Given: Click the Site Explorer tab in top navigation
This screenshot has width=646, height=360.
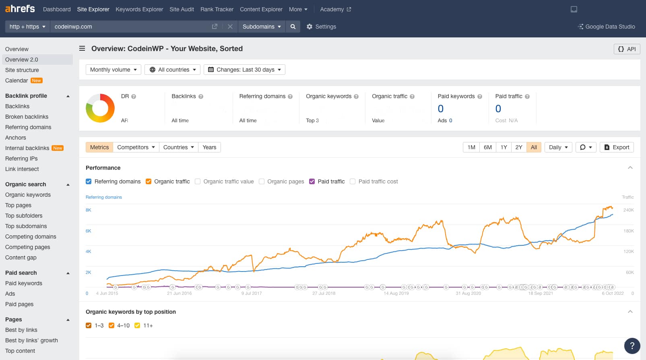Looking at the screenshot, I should click(x=93, y=9).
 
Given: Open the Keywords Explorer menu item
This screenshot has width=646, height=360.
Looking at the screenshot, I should click(x=139, y=9).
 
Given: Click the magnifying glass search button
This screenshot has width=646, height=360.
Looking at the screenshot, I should click(x=293, y=27).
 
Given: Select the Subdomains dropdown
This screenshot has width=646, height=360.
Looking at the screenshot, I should click(x=262, y=27).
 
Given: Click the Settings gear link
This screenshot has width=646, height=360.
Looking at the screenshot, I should click(x=321, y=27).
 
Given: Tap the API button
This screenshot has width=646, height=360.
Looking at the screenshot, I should click(x=627, y=49).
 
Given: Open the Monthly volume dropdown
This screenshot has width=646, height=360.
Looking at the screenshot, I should click(x=113, y=70).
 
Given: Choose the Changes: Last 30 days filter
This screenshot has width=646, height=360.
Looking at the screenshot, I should click(x=244, y=70).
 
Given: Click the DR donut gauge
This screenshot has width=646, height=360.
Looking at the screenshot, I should click(x=100, y=108).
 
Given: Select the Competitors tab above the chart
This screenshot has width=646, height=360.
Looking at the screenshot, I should click(x=136, y=147).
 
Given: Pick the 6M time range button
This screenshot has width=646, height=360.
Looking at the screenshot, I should click(x=487, y=147).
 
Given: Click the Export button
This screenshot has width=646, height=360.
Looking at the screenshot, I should click(x=617, y=147).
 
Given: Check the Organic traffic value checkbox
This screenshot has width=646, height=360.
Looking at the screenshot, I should click(x=198, y=181).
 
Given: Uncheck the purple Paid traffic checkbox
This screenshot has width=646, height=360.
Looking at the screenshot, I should click(x=312, y=181).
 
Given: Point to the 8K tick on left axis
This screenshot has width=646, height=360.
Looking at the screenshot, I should click(x=89, y=210).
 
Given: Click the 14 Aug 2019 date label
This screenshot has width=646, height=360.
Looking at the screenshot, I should click(x=396, y=293).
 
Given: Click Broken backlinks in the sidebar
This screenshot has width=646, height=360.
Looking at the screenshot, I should click(x=27, y=117).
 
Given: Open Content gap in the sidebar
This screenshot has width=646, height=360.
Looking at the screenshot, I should click(x=21, y=257).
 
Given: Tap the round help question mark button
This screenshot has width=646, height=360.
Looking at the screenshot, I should click(x=632, y=346).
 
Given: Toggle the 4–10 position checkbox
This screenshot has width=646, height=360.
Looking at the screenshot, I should click(x=111, y=325).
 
